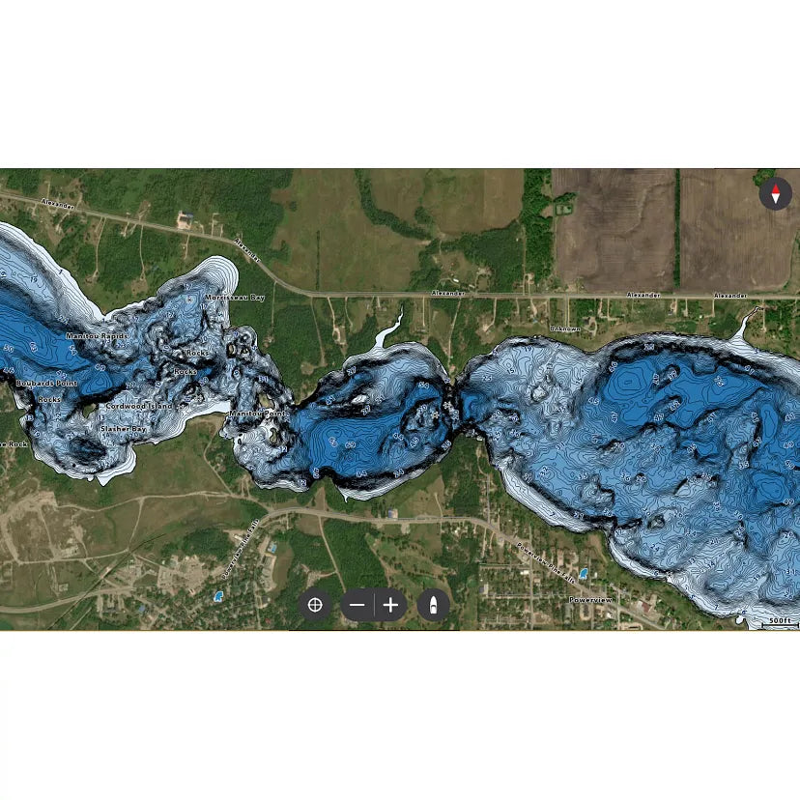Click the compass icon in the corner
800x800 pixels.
(775, 194)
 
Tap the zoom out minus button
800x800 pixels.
(357, 606)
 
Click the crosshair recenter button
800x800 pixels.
(314, 606)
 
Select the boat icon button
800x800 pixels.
(434, 606)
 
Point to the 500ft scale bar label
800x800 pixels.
(779, 620)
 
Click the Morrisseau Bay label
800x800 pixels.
(235, 298)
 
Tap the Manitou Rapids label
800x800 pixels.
(97, 336)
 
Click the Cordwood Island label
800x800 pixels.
(140, 407)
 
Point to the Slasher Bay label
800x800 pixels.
(124, 428)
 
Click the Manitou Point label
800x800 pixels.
(258, 414)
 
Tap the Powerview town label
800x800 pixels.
(589, 600)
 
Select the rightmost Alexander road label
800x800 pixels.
(729, 295)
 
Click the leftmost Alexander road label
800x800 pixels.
(57, 205)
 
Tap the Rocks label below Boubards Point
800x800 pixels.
(49, 399)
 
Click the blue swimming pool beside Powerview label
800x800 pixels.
(583, 573)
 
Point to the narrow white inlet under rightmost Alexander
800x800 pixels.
(746, 324)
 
